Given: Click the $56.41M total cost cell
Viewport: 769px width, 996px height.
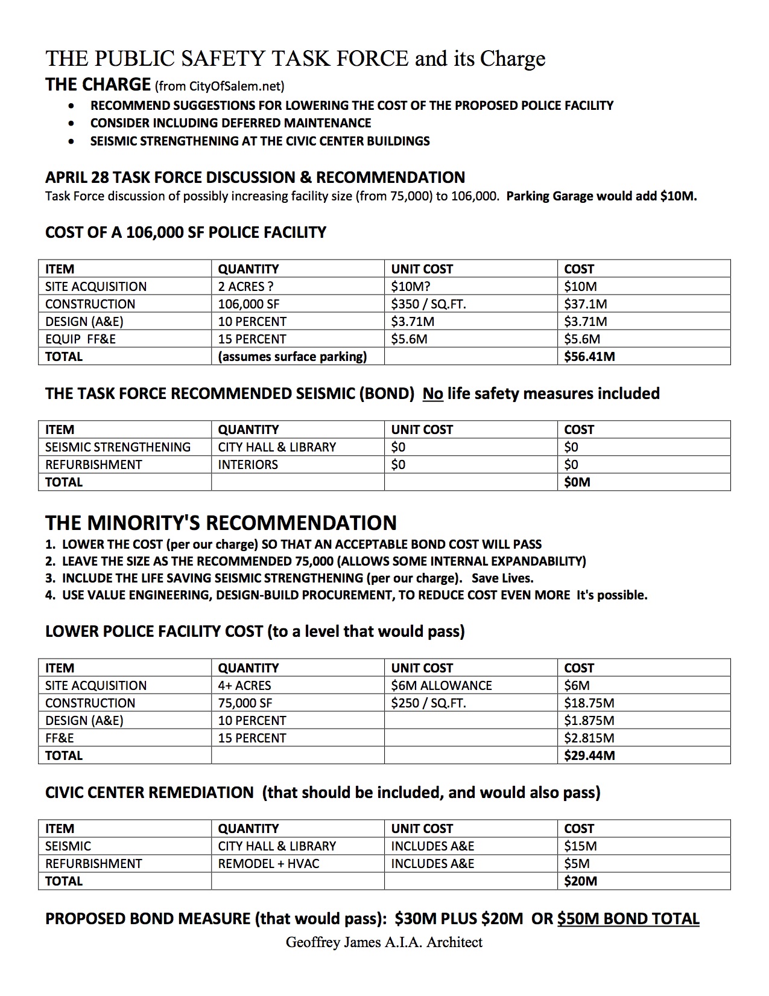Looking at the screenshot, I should pyautogui.click(x=589, y=356).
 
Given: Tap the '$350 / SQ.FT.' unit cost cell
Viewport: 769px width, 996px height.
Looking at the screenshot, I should pyautogui.click(x=428, y=304).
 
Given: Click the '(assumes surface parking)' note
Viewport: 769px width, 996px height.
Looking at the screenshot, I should pyautogui.click(x=293, y=356).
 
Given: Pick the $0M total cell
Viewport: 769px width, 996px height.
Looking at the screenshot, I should pyautogui.click(x=577, y=482).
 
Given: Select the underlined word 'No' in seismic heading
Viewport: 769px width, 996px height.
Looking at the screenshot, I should pyautogui.click(x=432, y=394).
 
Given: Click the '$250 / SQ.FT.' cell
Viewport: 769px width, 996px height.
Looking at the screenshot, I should pyautogui.click(x=428, y=703).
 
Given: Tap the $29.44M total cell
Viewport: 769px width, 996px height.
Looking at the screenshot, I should pyautogui.click(x=589, y=755).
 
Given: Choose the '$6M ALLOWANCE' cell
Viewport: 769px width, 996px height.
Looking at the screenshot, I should pyautogui.click(x=441, y=685).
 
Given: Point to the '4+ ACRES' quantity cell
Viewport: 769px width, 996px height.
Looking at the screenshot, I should pyautogui.click(x=244, y=685).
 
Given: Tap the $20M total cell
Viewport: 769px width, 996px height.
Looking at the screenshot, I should pyautogui.click(x=580, y=881).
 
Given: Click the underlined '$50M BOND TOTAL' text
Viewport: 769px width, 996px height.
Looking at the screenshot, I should pyautogui.click(x=628, y=919).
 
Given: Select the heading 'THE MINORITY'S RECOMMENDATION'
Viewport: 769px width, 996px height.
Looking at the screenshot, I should pyautogui.click(x=221, y=523).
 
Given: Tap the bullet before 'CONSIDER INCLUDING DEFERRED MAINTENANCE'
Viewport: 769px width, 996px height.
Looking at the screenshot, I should pyautogui.click(x=72, y=123).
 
